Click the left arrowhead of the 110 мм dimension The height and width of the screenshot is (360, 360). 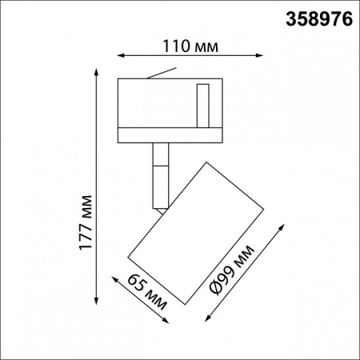coord(121,56)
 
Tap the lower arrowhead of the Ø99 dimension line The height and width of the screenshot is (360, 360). coord(208,315)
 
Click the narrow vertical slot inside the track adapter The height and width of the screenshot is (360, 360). coord(205,102)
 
